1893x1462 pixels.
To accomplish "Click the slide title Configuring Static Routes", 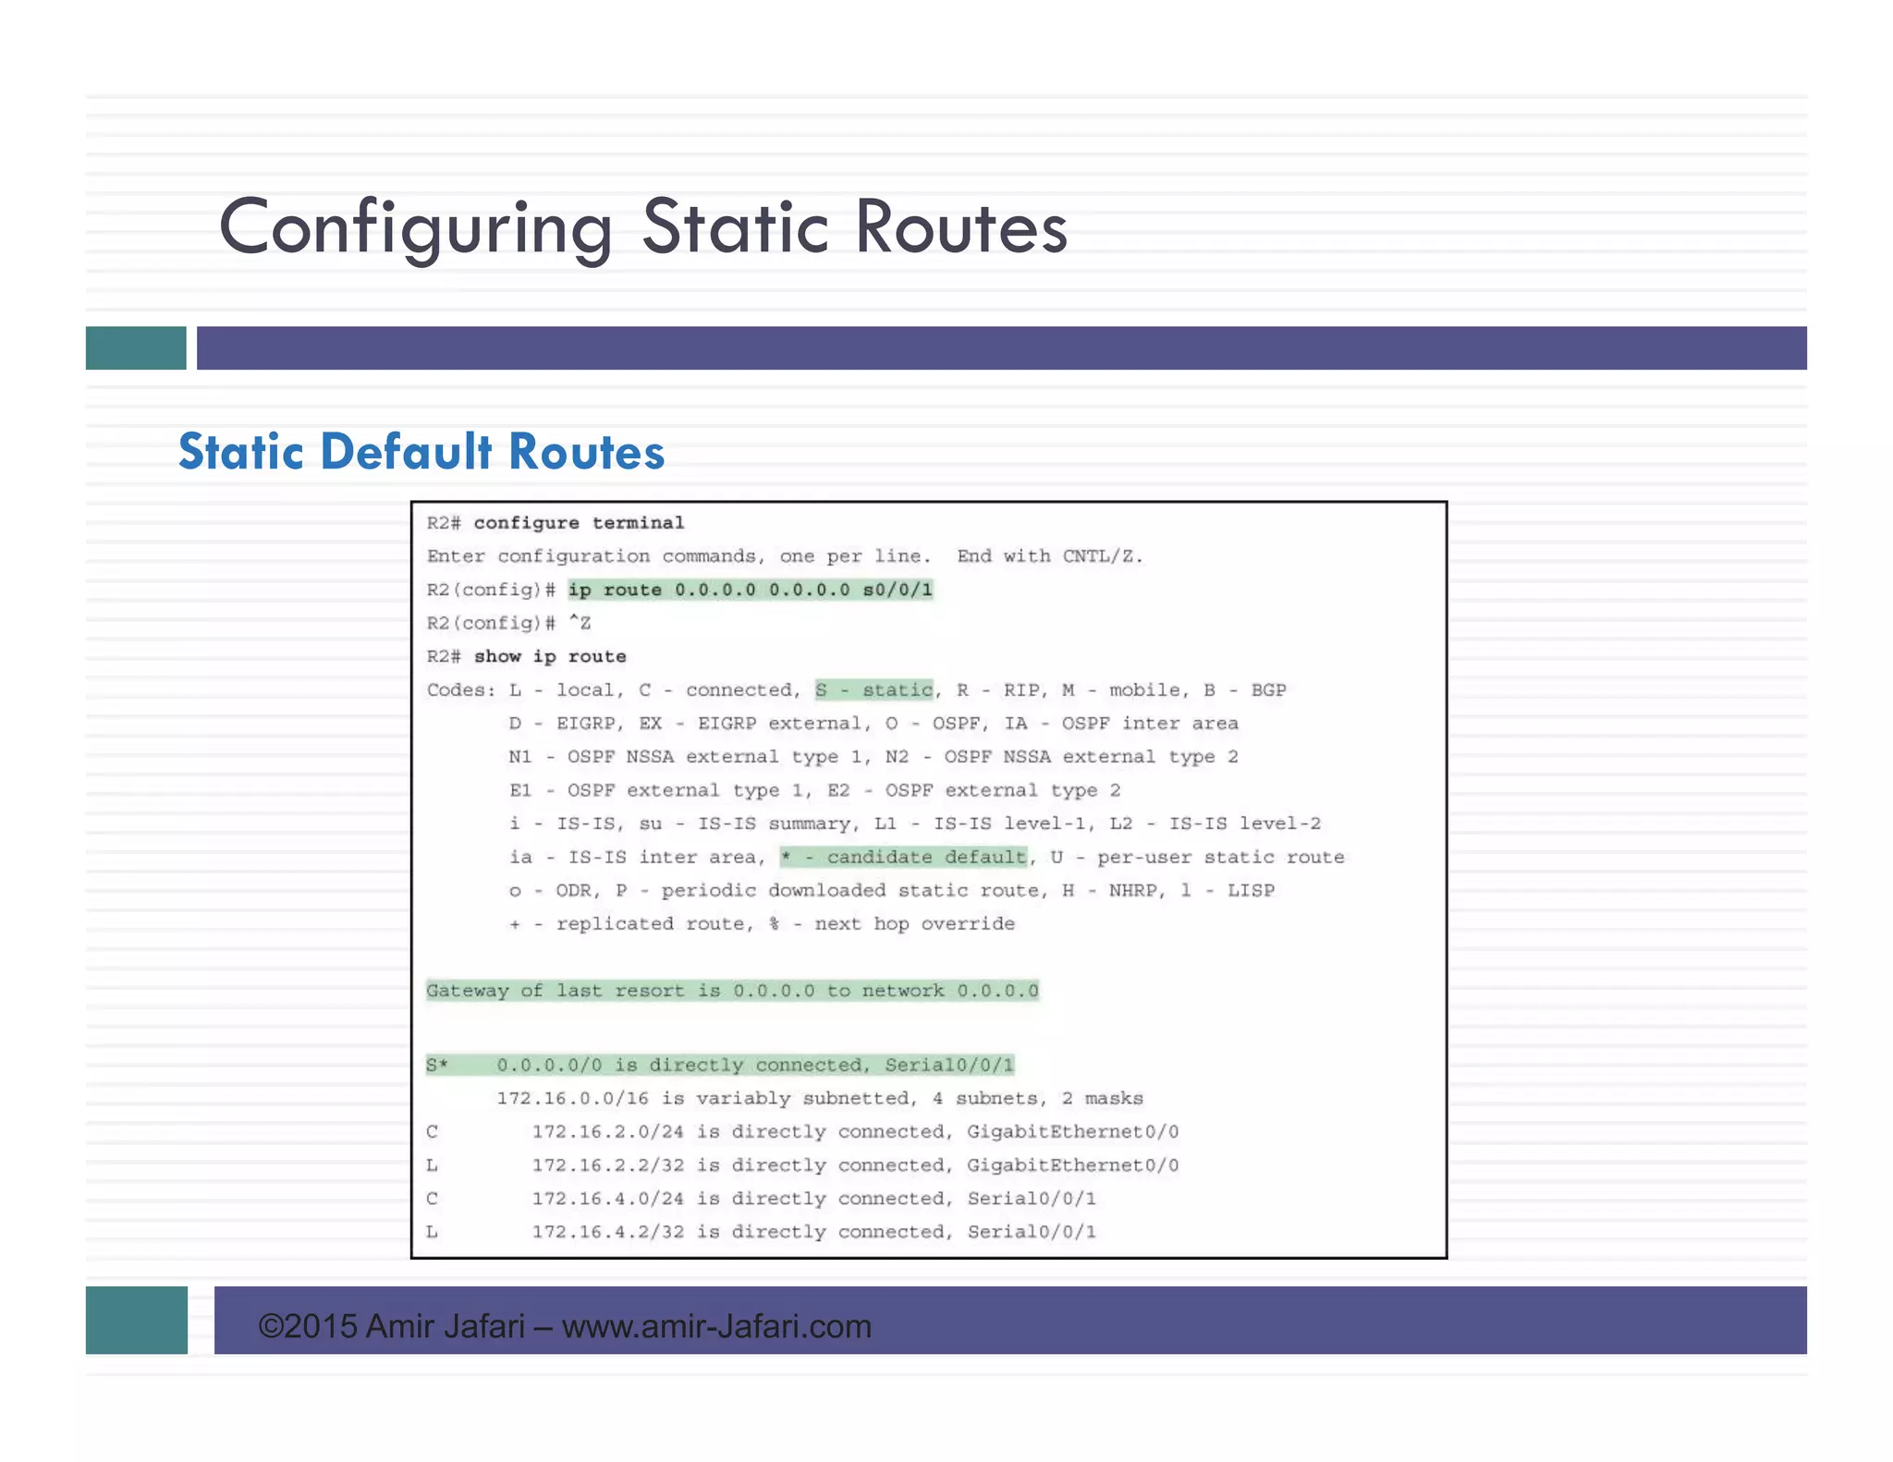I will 642,227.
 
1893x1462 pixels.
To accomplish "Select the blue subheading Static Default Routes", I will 421,452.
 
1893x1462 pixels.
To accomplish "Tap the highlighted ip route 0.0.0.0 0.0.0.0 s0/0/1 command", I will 750,590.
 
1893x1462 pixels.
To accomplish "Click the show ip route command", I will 550,656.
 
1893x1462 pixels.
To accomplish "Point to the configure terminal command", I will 579,523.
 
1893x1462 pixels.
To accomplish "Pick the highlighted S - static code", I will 873,689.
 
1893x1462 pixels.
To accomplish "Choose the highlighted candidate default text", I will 904,857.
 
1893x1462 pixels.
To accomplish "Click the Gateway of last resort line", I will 732,991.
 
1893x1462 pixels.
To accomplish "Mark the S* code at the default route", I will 436,1065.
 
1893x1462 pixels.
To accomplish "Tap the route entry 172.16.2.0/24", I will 607,1131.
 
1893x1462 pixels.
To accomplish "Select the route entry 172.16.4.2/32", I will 607,1231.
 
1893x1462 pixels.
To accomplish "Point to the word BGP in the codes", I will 1268,689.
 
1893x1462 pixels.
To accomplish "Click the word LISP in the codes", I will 1251,890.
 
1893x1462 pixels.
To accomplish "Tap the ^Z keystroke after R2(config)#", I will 580,623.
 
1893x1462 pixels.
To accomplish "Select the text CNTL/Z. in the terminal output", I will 1102,556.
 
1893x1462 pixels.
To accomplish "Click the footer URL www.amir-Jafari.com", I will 716,1326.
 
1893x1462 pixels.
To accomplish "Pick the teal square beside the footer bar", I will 137,1320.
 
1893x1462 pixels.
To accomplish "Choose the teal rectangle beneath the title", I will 136,347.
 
